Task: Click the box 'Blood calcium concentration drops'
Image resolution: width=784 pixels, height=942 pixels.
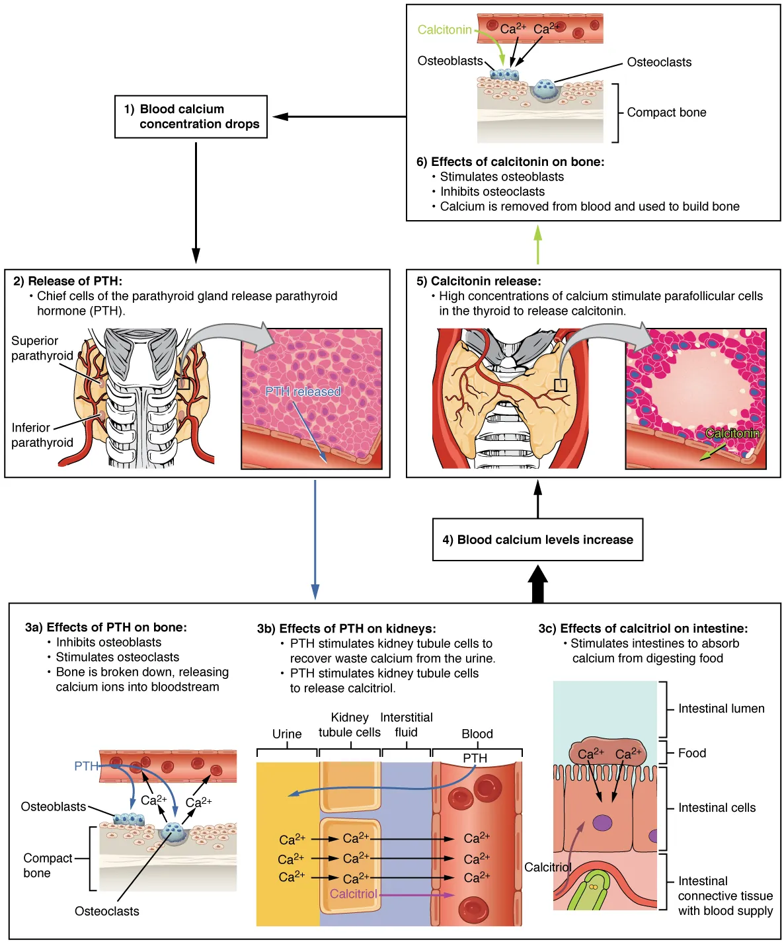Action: pyautogui.click(x=191, y=117)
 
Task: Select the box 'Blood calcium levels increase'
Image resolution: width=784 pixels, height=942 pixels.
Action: pyautogui.click(x=537, y=540)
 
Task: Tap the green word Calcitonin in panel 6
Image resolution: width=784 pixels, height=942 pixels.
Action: pyautogui.click(x=444, y=30)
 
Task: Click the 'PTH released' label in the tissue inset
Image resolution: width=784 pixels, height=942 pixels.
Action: pyautogui.click(x=303, y=391)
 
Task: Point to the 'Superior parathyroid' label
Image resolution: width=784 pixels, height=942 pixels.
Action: pyautogui.click(x=42, y=348)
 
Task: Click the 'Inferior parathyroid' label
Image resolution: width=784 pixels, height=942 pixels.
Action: pyautogui.click(x=42, y=435)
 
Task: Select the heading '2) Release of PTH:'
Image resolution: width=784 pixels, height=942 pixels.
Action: pyautogui.click(x=67, y=281)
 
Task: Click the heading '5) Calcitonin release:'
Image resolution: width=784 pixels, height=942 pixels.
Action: pyautogui.click(x=479, y=281)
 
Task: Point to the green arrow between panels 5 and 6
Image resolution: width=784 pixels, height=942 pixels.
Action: pyautogui.click(x=538, y=245)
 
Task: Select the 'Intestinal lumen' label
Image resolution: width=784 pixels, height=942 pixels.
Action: pyautogui.click(x=721, y=709)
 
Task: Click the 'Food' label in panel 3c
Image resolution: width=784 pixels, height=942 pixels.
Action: pyautogui.click(x=692, y=753)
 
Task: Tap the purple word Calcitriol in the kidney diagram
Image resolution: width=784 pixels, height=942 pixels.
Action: pyautogui.click(x=353, y=894)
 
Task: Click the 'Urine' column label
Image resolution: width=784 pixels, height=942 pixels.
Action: pyautogui.click(x=287, y=734)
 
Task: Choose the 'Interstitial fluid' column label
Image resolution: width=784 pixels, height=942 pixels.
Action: pyautogui.click(x=406, y=725)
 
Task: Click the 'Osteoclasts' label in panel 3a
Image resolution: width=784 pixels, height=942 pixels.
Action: pyautogui.click(x=107, y=911)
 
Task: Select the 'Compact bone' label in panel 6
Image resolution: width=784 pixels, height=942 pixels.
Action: pyautogui.click(x=666, y=112)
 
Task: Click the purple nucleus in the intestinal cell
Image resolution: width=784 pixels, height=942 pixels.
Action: pyautogui.click(x=602, y=823)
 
